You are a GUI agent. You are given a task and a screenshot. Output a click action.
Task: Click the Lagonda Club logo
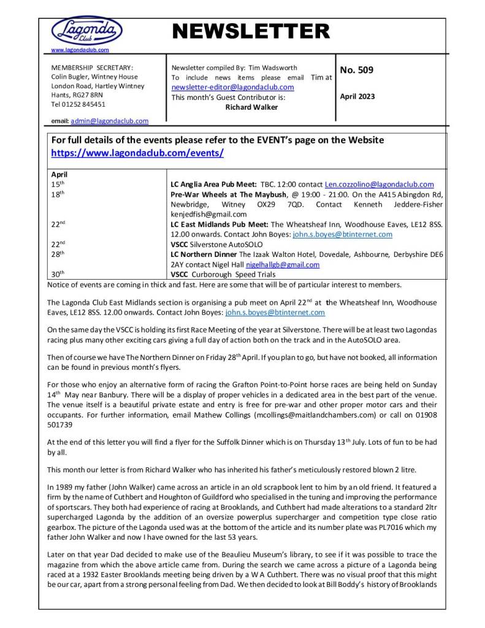coord(86,31)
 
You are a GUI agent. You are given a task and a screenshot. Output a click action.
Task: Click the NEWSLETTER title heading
coord(251,31)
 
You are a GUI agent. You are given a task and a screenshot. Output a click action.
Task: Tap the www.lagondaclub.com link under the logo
coord(80,50)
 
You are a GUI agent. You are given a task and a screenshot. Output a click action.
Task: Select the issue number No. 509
coord(356,70)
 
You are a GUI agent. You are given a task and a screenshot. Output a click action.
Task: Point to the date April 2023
coord(357,96)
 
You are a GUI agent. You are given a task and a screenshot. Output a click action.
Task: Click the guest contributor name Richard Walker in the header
coord(251,107)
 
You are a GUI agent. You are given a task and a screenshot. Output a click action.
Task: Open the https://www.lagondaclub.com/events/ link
coord(137,153)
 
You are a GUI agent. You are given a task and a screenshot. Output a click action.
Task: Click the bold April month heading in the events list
coord(59,175)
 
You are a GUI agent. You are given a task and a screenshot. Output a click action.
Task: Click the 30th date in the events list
coord(58,274)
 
